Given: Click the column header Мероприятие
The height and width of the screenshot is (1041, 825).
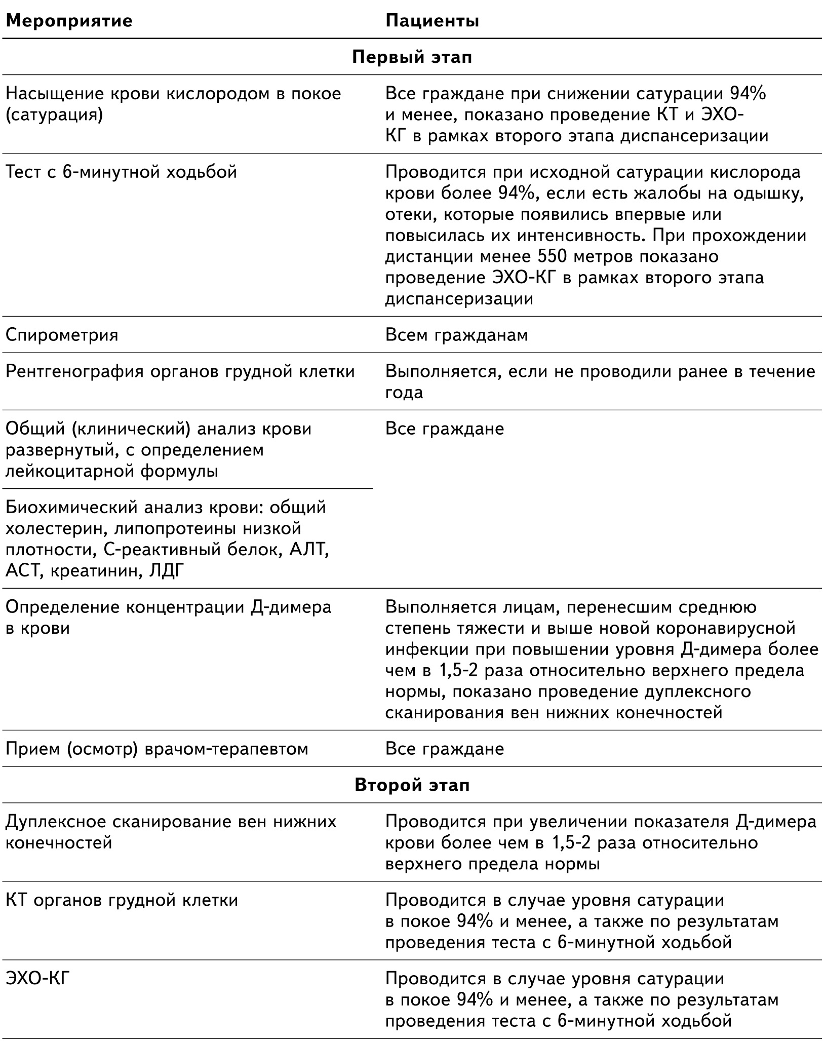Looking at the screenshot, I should pos(69,21).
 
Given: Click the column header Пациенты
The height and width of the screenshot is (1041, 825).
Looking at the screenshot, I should pos(432,21).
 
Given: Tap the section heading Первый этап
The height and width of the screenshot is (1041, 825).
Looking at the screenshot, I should pos(412,57).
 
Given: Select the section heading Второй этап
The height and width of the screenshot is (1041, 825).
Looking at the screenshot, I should pos(412,785).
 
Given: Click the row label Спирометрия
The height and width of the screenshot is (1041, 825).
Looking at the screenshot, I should pos(62,335).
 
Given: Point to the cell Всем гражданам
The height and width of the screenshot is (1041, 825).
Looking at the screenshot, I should pos(456,335).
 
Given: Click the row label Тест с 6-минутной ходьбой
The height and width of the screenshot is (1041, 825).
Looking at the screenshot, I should pos(122,172).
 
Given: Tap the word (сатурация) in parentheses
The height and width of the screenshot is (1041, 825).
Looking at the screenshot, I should pos(54,115).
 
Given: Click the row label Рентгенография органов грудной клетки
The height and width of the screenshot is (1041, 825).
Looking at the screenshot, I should pos(180,371).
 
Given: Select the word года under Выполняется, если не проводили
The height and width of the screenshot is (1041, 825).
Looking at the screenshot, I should pos(404,393).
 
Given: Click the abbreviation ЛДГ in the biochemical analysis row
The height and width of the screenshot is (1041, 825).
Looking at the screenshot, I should pos(167,571).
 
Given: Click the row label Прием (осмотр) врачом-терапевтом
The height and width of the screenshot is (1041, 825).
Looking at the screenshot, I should pos(156,749).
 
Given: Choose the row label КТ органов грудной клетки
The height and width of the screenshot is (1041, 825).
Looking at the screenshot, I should pos(122,900).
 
